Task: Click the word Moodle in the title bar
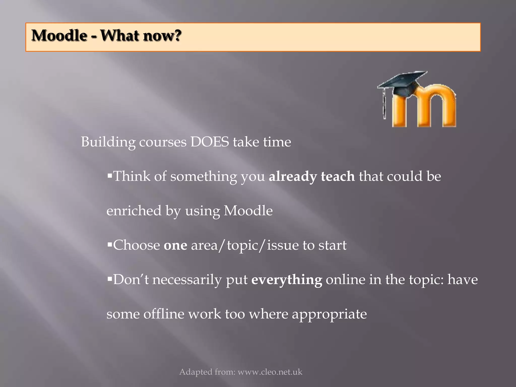(x=59, y=35)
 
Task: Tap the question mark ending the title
(x=177, y=35)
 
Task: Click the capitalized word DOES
(x=210, y=142)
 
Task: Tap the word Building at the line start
(x=108, y=142)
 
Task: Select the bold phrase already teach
(x=312, y=176)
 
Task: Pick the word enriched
(x=134, y=211)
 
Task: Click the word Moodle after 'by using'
(x=248, y=211)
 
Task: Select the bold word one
(x=175, y=245)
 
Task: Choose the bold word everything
(x=287, y=280)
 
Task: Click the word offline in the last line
(x=164, y=314)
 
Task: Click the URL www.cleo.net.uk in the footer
(x=270, y=372)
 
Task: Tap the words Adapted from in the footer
(x=207, y=372)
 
